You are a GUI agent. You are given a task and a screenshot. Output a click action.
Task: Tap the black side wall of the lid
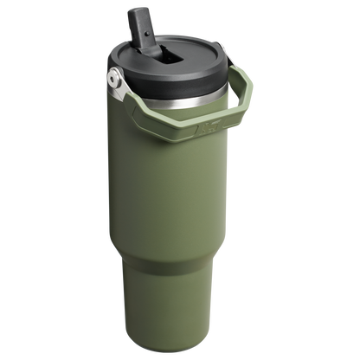click(182, 82)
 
